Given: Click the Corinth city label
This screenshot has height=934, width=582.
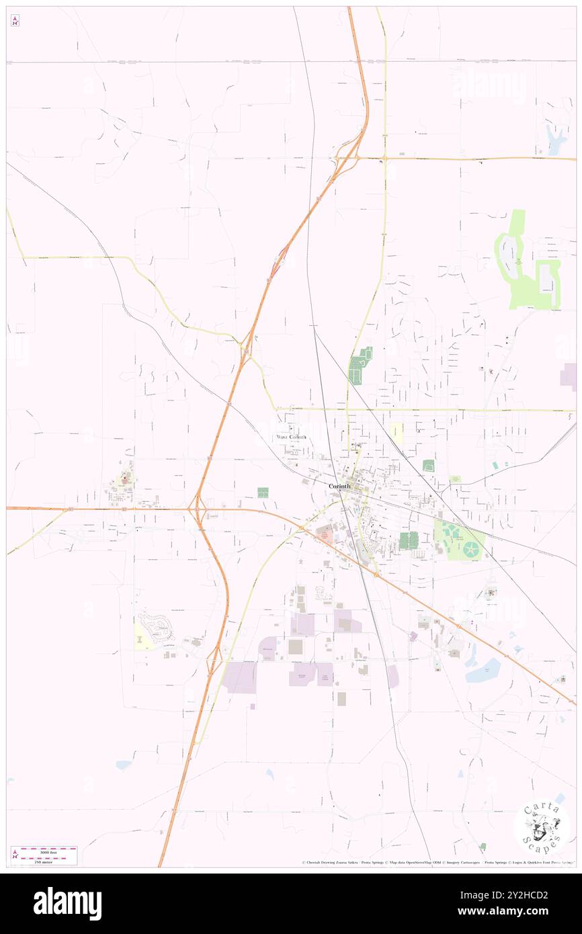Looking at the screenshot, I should (x=339, y=486).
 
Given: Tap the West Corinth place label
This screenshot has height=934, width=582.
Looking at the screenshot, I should (x=292, y=437).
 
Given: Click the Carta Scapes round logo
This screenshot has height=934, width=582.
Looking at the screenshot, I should (x=542, y=826).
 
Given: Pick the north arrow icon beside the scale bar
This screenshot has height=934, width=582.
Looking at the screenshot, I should (x=15, y=855).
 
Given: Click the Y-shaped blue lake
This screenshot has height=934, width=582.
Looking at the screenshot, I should (x=556, y=140).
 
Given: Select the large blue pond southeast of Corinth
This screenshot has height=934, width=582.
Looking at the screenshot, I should (x=484, y=671).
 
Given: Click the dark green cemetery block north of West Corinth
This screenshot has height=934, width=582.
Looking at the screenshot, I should (x=360, y=367).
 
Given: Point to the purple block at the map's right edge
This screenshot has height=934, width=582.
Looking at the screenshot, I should (x=569, y=376).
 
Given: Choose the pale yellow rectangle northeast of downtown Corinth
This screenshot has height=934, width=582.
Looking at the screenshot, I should (x=397, y=433).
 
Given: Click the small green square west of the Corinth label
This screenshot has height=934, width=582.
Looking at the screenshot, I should (x=262, y=493).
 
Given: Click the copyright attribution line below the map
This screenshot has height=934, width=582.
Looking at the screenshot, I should (x=437, y=862).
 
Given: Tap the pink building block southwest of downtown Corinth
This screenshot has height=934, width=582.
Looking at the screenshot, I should (x=325, y=535).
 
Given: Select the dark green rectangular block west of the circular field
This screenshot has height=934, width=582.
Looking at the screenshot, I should (x=408, y=540).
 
